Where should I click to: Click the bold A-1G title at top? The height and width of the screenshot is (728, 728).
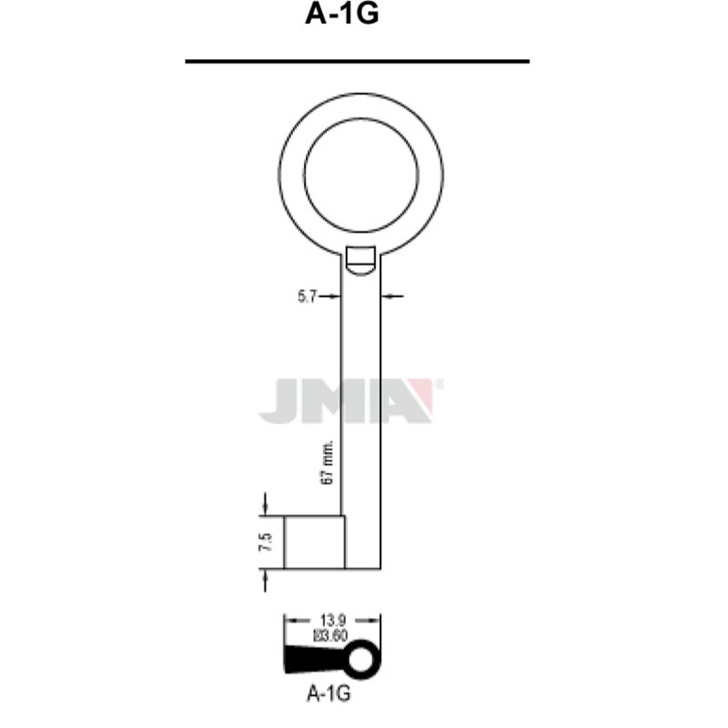pos(342,14)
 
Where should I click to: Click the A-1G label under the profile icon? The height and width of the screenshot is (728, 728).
pos(329,693)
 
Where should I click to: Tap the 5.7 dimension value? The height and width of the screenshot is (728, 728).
pos(307,297)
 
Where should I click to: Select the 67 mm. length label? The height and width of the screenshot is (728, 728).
pos(328,463)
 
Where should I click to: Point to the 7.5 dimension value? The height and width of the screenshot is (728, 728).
pos(266,541)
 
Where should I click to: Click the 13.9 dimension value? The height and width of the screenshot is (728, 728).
pos(333,620)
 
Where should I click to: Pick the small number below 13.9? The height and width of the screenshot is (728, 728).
pos(330,635)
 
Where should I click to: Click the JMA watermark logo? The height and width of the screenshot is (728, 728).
pos(350,400)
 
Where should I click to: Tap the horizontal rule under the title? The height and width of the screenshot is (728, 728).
pos(357,61)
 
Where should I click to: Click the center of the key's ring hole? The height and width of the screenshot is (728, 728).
pos(360,175)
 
